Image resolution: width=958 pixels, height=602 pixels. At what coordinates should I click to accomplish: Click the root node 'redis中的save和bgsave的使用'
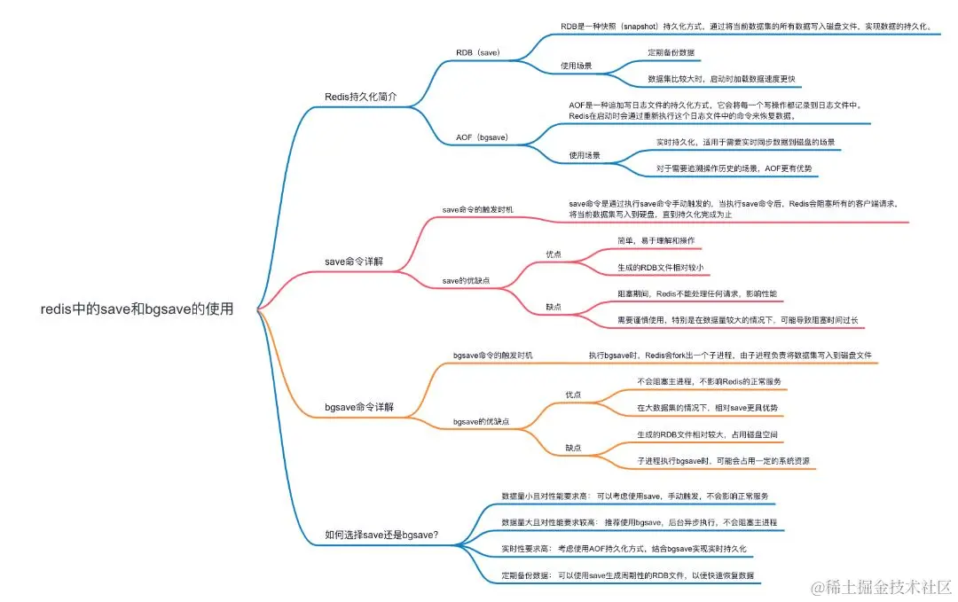click(x=137, y=309)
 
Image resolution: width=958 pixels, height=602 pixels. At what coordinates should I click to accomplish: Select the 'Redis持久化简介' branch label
click(x=361, y=95)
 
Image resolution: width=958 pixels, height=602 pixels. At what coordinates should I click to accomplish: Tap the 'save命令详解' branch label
click(x=355, y=261)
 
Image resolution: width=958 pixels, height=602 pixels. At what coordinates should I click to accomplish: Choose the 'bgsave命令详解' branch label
click(x=359, y=408)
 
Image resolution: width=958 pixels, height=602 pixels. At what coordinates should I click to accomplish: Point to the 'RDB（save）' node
click(x=478, y=53)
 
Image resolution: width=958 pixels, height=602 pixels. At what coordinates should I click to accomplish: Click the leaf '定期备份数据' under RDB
click(x=671, y=53)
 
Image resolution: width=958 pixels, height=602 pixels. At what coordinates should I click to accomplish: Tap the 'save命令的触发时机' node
click(x=477, y=209)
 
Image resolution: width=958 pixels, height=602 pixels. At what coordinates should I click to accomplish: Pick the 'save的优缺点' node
click(x=466, y=281)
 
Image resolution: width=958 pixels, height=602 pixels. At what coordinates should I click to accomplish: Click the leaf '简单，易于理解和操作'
click(x=656, y=240)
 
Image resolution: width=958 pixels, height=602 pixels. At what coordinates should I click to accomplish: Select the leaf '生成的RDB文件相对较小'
click(x=661, y=267)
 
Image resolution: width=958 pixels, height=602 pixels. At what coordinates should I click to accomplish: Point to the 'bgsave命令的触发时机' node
click(x=493, y=355)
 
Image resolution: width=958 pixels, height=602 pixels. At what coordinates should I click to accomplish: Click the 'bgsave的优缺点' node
click(x=481, y=421)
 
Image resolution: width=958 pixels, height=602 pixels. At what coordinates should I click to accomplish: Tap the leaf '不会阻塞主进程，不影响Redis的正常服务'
click(x=709, y=381)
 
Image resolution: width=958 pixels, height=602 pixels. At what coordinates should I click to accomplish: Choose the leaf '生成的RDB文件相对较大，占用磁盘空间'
click(x=708, y=434)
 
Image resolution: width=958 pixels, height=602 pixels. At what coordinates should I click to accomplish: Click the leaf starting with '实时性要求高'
click(x=624, y=549)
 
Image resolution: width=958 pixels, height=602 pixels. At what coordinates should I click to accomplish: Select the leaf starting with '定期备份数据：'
click(x=627, y=575)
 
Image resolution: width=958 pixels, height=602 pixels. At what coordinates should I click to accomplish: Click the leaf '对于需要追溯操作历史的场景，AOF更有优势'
click(x=734, y=168)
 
